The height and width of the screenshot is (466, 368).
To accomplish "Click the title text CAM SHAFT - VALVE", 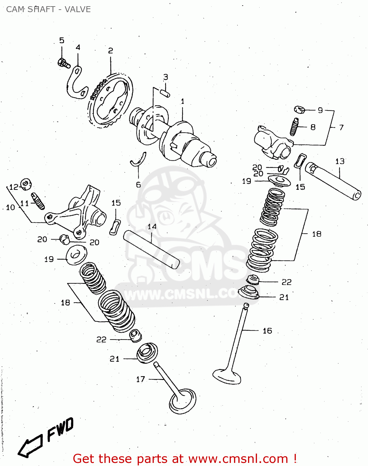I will (48, 9).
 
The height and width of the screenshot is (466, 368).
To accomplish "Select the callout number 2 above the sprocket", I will (110, 51).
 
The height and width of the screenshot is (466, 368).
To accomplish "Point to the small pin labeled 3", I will (165, 92).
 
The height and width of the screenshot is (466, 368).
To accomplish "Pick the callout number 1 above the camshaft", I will (182, 101).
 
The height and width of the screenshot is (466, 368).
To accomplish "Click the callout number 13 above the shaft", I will (340, 161).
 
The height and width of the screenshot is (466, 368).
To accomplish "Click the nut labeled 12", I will (26, 184).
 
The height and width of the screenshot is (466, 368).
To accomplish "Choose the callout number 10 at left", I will (11, 207).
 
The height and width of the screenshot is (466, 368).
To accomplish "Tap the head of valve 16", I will (227, 376).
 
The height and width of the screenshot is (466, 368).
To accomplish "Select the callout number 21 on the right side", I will (284, 297).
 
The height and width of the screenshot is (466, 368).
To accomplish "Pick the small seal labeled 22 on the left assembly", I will (135, 336).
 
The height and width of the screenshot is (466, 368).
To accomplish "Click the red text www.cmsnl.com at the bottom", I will (238, 459).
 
